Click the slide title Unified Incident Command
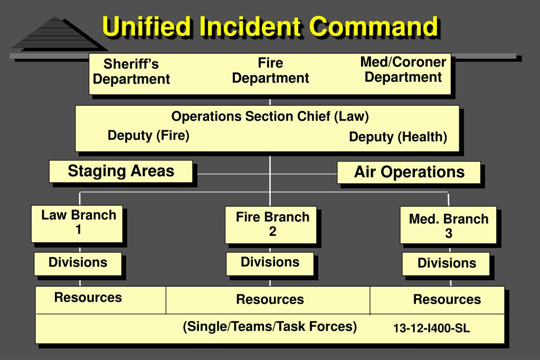pos(270,26)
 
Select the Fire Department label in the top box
pos(270,71)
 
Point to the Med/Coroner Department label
pos(403,69)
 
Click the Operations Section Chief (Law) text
pos(270,117)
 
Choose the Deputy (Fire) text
pos(148,136)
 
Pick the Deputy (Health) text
pos(398,137)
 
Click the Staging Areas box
pos(121,172)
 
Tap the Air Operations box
pos(409,172)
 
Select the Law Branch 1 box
pos(79,223)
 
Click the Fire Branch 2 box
pos(272,224)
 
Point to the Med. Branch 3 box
pos(448,226)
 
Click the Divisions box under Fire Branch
pos(270,262)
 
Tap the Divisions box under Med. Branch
pos(447,263)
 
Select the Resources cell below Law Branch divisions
pos(88,298)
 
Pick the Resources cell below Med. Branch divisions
pos(447,300)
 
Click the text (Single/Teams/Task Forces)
pos(270,327)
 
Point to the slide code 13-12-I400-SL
pos(431,329)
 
